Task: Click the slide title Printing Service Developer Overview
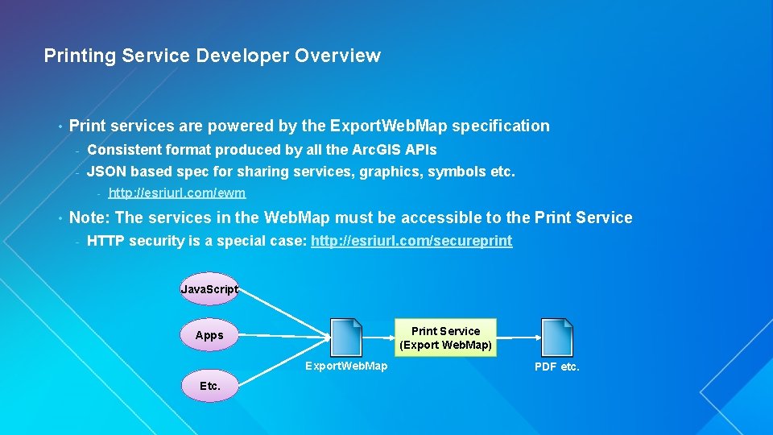[212, 56]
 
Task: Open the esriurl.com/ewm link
[177, 193]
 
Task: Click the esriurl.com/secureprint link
[411, 241]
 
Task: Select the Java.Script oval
[209, 288]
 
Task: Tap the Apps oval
[209, 335]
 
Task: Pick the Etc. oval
[209, 386]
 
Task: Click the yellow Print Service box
[445, 338]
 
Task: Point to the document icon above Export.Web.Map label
[346, 337]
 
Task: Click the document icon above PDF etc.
[556, 337]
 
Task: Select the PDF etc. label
[556, 367]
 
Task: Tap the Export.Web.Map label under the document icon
[346, 366]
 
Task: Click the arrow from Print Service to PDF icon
[517, 338]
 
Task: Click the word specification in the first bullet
[501, 126]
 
